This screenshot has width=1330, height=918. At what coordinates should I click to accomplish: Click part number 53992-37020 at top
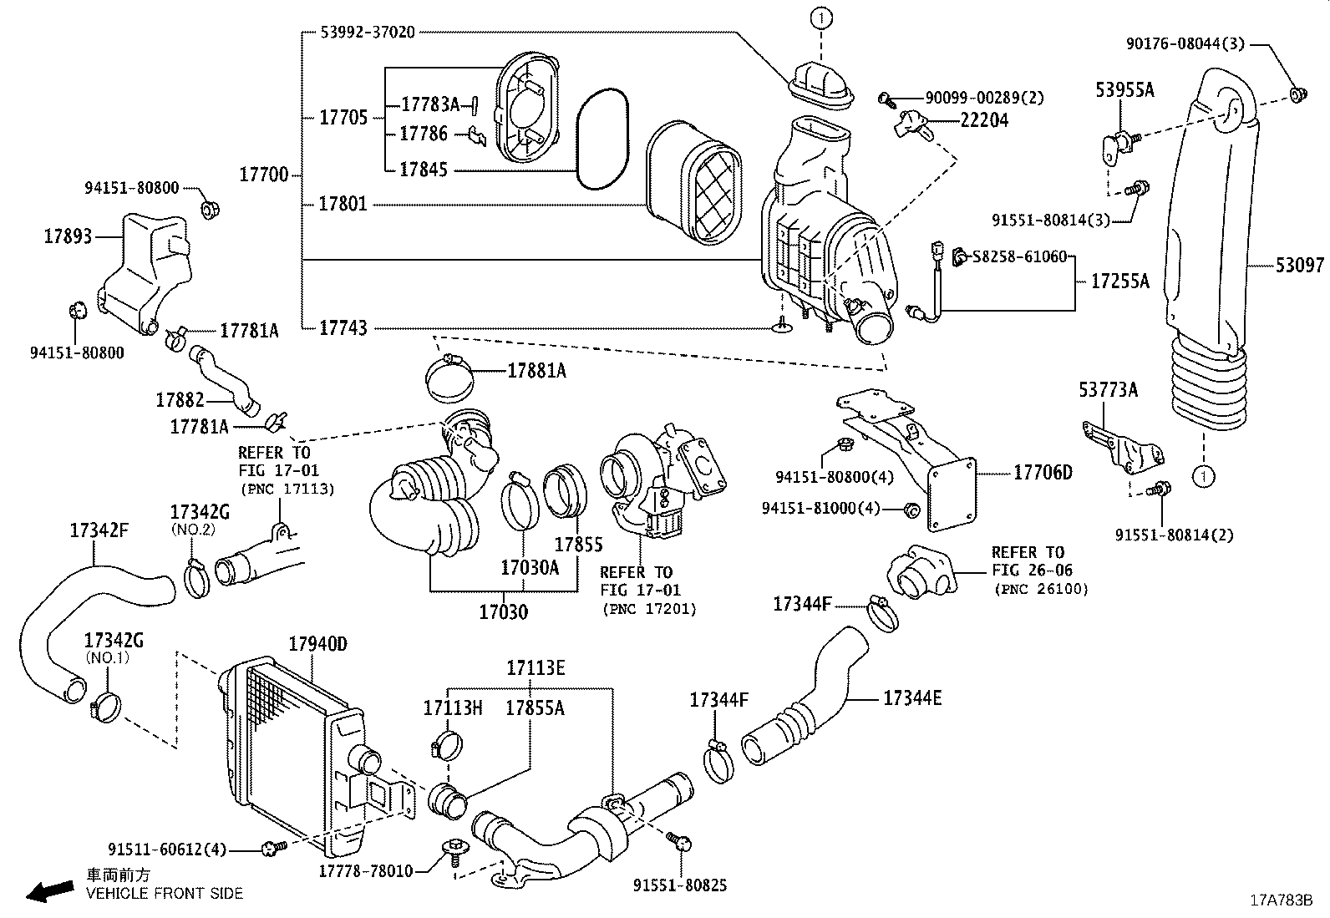pos(368,33)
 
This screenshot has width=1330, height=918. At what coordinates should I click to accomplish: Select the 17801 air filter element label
pos(343,205)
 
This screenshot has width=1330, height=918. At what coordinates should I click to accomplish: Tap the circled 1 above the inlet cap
pos(820,17)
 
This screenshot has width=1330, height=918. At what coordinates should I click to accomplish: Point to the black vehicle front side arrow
pos(48,891)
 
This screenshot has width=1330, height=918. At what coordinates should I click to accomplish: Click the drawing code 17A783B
pos(1281,900)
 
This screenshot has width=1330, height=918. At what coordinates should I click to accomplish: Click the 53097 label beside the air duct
pos(1299,266)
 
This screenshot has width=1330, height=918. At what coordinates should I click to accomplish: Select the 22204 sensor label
pos(984,120)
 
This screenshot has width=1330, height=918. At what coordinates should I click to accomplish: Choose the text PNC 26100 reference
pos(1039,589)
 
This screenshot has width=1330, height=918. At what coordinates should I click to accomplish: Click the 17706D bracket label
pos(1043,473)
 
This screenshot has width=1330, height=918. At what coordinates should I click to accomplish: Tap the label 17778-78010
pos(365,871)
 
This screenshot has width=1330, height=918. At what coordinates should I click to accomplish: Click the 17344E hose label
pos(911,697)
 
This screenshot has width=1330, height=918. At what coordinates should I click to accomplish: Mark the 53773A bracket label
pos(1108,390)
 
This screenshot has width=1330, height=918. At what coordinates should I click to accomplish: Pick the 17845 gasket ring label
pos(423,170)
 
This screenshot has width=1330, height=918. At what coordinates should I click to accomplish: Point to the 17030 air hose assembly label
pos(503,612)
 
